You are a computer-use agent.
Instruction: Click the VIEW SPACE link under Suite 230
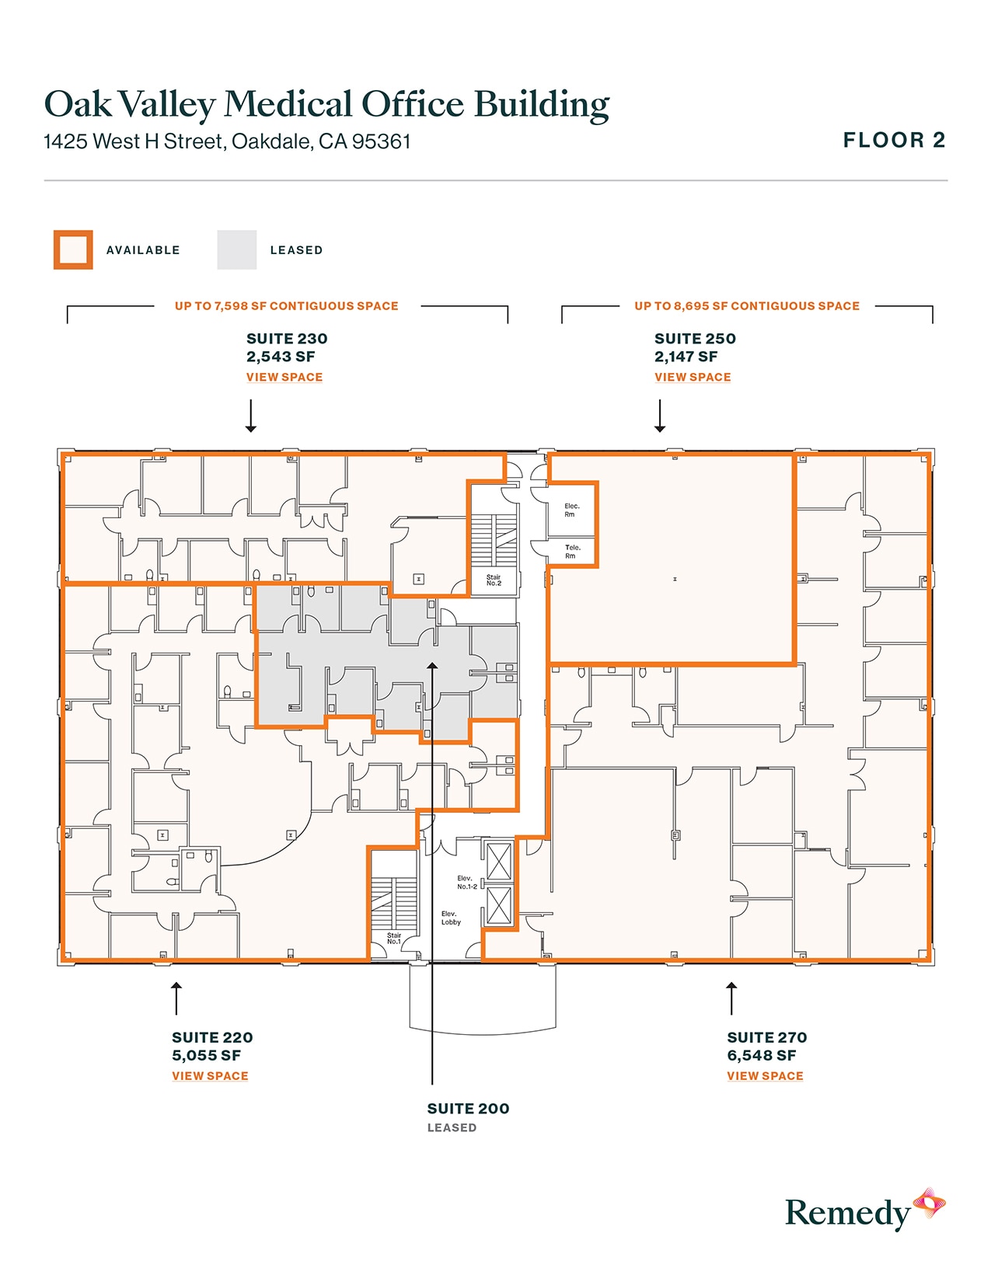click(x=284, y=377)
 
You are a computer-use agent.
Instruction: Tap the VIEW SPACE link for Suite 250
click(x=693, y=377)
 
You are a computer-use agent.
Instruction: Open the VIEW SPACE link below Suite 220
click(x=210, y=1076)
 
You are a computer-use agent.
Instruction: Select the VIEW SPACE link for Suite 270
click(x=765, y=1076)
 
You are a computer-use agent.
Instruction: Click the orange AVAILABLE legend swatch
click(x=73, y=250)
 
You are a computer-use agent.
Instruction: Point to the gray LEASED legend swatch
click(x=236, y=250)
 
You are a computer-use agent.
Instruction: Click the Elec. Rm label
click(x=571, y=510)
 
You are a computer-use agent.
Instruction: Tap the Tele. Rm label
click(x=571, y=552)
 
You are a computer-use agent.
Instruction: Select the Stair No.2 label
click(x=494, y=580)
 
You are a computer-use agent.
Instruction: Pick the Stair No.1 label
click(x=394, y=939)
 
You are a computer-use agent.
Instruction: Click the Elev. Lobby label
click(x=451, y=918)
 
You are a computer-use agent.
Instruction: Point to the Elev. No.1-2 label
click(x=467, y=882)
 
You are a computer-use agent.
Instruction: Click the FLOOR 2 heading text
click(x=894, y=141)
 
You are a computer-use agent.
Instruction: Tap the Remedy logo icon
click(x=929, y=1204)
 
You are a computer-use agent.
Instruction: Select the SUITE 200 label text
click(x=468, y=1109)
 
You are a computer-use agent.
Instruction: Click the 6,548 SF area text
click(x=761, y=1055)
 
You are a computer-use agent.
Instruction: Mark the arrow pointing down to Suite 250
click(x=660, y=416)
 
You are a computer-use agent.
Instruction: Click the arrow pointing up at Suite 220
click(x=176, y=998)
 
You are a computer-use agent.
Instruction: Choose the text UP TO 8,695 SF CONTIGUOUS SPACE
click(x=746, y=306)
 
